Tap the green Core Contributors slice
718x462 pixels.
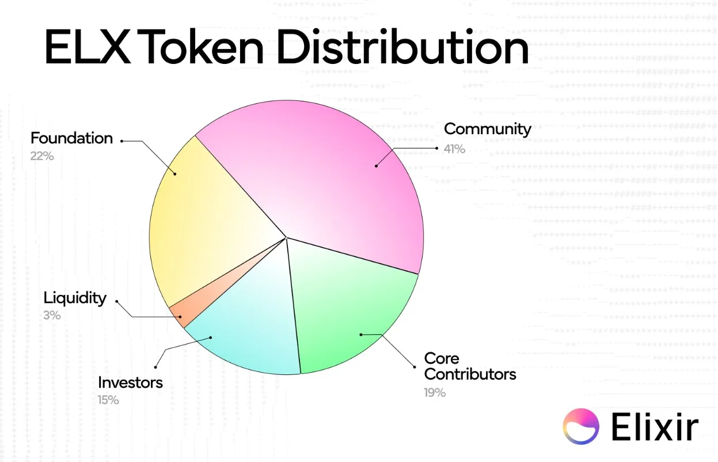point(351,311)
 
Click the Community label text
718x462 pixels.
point(487,128)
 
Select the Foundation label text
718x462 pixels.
point(71,138)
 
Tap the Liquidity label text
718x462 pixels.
point(75,298)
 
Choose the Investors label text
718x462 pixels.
point(130,383)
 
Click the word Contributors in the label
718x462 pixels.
point(470,374)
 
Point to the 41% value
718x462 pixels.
point(454,149)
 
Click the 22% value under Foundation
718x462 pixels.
point(42,156)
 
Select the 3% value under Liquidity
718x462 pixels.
point(52,315)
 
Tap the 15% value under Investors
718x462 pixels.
point(108,400)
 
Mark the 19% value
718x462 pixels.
point(435,392)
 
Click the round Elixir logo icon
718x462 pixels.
point(581,427)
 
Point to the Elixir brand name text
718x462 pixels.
point(655,427)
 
